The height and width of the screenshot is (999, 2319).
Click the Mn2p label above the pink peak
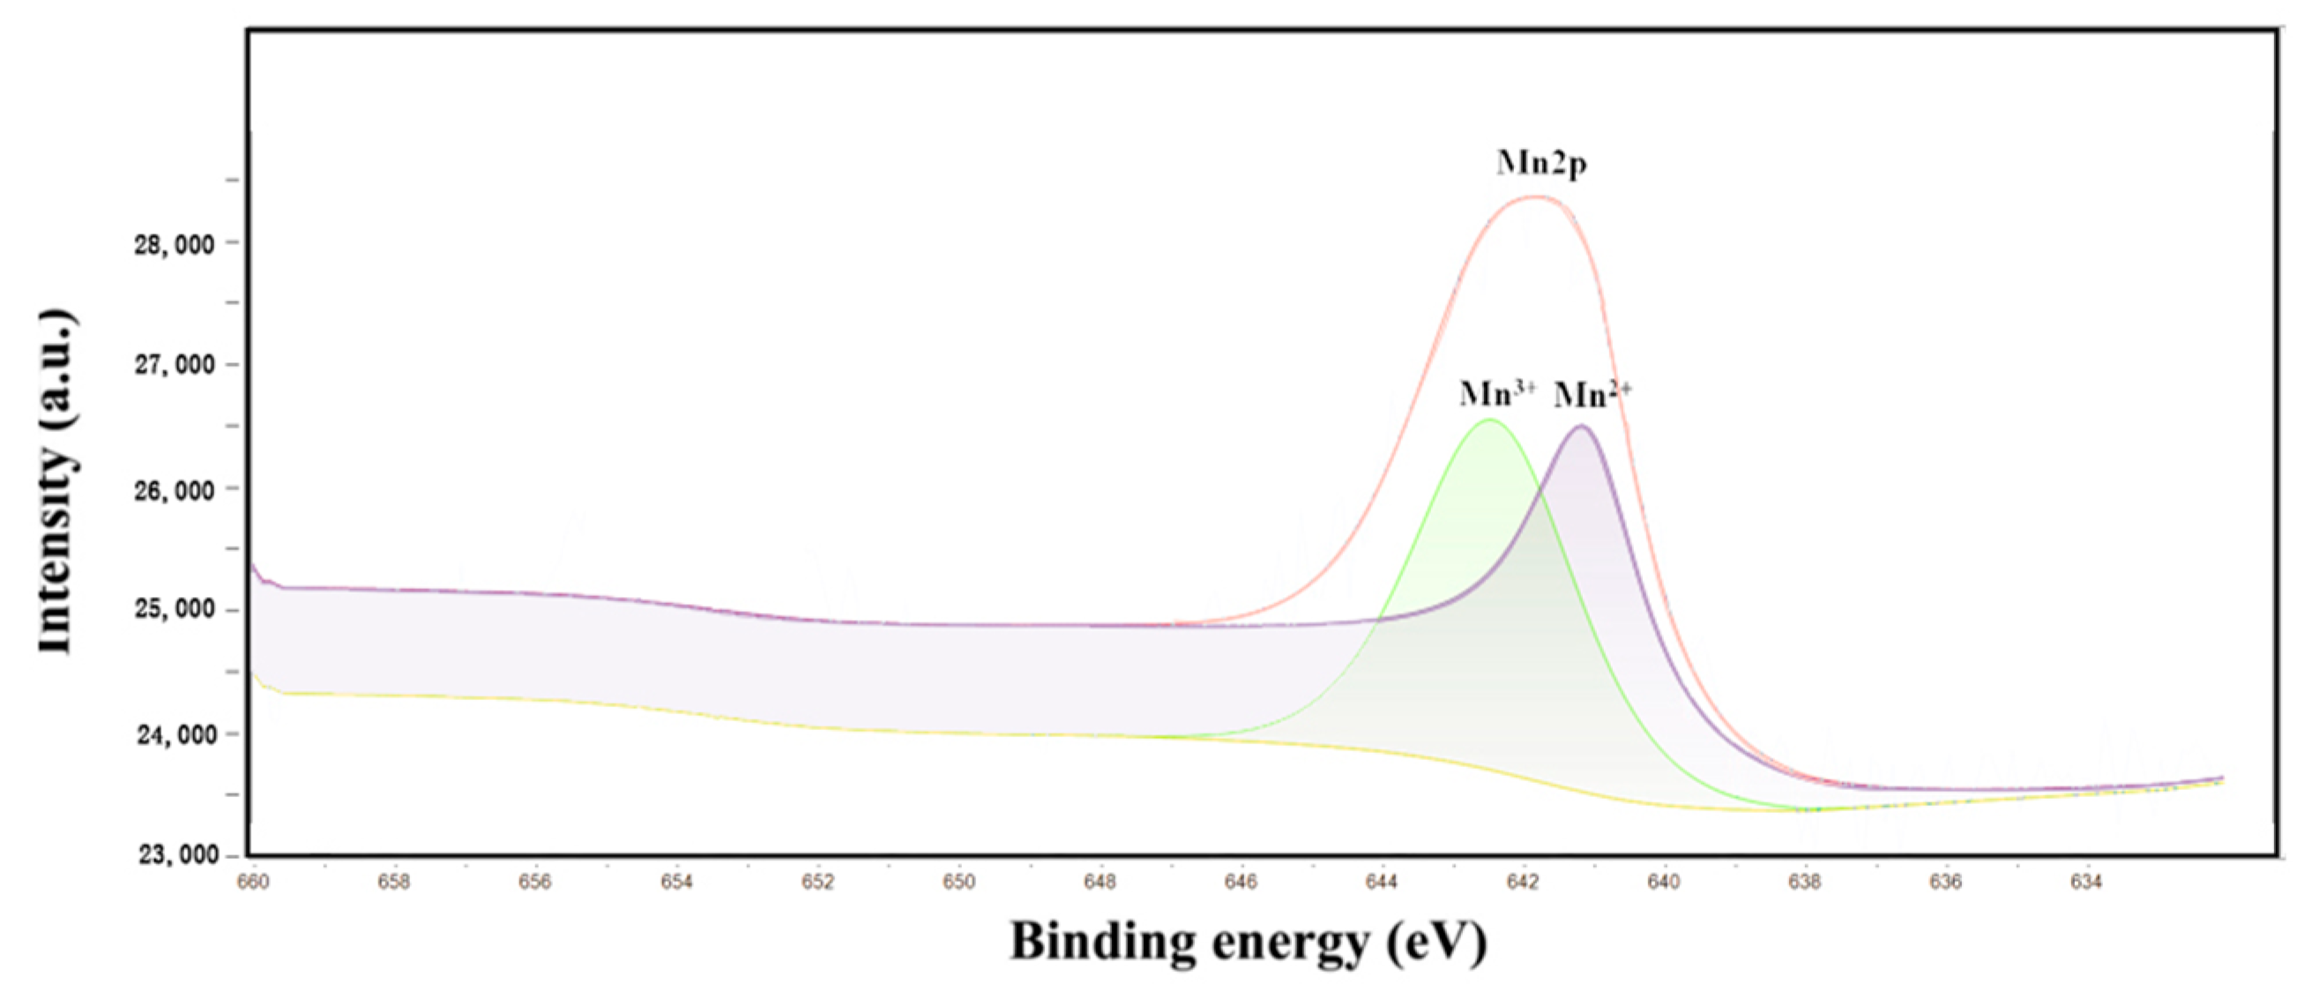coord(1541,164)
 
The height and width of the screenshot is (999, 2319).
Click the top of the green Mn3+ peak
coord(1489,420)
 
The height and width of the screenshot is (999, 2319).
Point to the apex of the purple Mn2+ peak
coord(1581,426)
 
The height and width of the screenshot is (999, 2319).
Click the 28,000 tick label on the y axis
coord(175,244)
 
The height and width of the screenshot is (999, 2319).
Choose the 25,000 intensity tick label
coord(175,609)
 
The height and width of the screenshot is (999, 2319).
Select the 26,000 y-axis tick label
coord(175,490)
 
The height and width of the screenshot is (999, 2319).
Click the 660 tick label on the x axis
coord(253,883)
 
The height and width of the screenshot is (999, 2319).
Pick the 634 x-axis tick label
coord(2087,883)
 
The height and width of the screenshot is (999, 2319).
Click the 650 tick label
coord(958,883)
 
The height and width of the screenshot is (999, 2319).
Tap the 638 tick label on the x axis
coord(1805,883)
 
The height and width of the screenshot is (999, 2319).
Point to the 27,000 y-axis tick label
coord(175,364)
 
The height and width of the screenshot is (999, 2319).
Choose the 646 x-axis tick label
coord(1241,883)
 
